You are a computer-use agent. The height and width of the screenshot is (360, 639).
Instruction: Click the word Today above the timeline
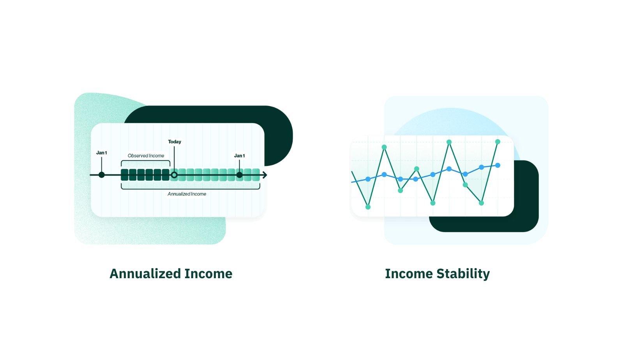tap(174, 142)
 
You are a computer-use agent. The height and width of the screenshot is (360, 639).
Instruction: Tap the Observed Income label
tap(146, 156)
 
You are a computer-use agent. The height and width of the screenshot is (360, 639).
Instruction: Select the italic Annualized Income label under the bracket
tap(187, 194)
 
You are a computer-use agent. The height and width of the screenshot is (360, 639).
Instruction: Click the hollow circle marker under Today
tap(174, 175)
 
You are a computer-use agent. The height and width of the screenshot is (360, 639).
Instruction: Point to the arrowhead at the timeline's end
tap(265, 175)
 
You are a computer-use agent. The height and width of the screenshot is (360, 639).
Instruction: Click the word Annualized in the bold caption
tap(145, 274)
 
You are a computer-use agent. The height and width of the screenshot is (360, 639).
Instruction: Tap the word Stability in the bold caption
tap(463, 274)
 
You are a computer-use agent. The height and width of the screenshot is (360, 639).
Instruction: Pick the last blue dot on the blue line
tap(498, 165)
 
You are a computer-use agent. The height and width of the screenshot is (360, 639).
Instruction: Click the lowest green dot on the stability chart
tap(368, 207)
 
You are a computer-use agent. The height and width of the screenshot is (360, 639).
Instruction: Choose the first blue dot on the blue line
tap(368, 179)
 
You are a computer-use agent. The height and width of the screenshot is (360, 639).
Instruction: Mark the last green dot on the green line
tap(498, 142)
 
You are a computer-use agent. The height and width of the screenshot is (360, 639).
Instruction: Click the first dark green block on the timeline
tap(125, 175)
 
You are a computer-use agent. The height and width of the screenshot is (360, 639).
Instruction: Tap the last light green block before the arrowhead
tap(256, 175)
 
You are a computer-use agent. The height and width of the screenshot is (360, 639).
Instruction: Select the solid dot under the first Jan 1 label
tap(102, 175)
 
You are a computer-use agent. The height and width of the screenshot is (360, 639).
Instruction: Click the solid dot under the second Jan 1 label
tap(239, 175)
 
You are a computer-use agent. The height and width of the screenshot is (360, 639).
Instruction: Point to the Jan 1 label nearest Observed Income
tap(102, 153)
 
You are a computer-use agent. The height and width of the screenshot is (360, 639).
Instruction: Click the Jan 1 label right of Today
tap(239, 156)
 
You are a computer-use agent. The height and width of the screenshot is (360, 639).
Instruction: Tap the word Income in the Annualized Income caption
tap(208, 274)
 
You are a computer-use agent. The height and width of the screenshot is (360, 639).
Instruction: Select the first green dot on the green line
tap(368, 207)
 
